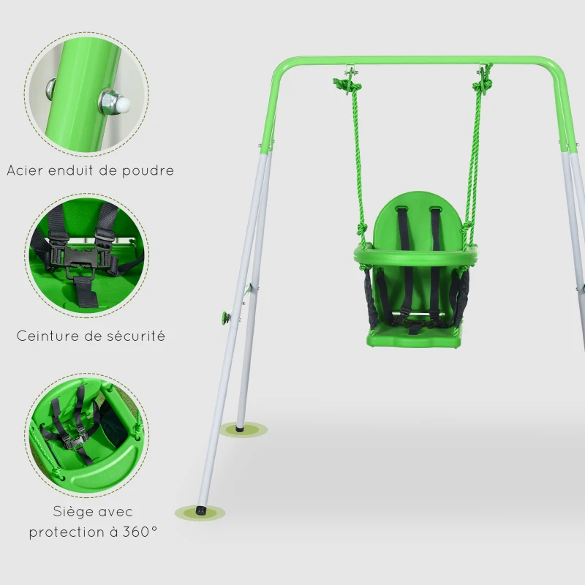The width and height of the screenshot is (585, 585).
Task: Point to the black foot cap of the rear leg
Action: tap(241, 426)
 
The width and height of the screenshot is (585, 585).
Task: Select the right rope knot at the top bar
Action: tap(483, 82)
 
